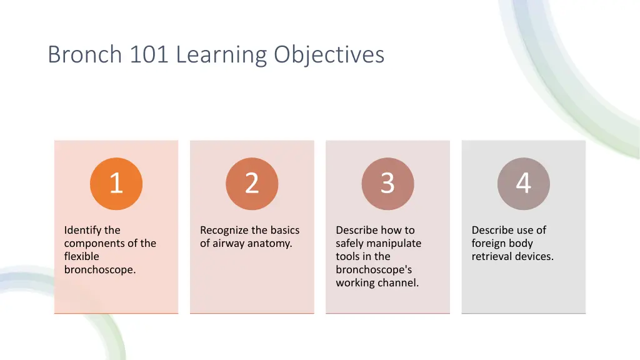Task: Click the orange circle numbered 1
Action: pyautogui.click(x=116, y=184)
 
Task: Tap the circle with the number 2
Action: pyautogui.click(x=252, y=184)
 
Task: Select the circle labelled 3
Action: pyautogui.click(x=387, y=184)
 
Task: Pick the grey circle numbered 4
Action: pyautogui.click(x=524, y=184)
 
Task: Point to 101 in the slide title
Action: pyautogui.click(x=149, y=55)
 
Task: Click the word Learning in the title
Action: pyautogui.click(x=222, y=55)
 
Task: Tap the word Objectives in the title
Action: pyautogui.click(x=329, y=55)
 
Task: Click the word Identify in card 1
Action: pyautogui.click(x=83, y=230)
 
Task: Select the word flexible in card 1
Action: pyautogui.click(x=81, y=256)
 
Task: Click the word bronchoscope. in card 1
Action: pyautogui.click(x=100, y=270)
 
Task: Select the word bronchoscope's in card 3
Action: pyautogui.click(x=374, y=270)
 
